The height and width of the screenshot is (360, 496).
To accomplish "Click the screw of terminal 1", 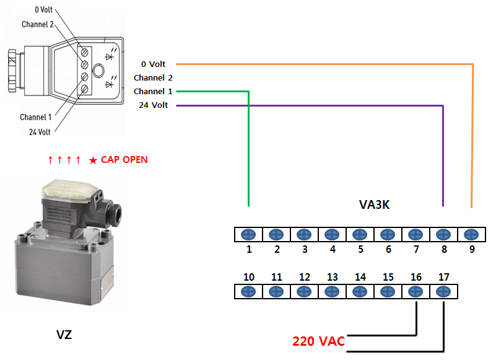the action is pyautogui.click(x=248, y=235).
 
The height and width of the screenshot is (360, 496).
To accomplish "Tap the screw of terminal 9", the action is pyautogui.click(x=471, y=235).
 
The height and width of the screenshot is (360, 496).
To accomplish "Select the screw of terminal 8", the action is pyautogui.click(x=443, y=235).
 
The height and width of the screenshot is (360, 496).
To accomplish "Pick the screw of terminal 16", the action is pyautogui.click(x=416, y=292).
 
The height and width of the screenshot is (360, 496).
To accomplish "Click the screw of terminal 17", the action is pyautogui.click(x=443, y=292).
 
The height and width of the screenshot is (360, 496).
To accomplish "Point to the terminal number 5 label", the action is pyautogui.click(x=360, y=250).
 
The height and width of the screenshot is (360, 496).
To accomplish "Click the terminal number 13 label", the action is pyautogui.click(x=333, y=278).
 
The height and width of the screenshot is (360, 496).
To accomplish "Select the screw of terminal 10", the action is pyautogui.click(x=248, y=292).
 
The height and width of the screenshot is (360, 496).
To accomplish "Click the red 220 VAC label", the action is pyautogui.click(x=318, y=341).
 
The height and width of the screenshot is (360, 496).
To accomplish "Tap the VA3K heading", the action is pyautogui.click(x=374, y=204).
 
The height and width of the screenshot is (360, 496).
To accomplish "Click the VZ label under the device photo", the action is pyautogui.click(x=64, y=335).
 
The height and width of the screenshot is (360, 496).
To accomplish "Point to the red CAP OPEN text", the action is pyautogui.click(x=124, y=160).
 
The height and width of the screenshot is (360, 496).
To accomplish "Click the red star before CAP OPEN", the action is pyautogui.click(x=93, y=160).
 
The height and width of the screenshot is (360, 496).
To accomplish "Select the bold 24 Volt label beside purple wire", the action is pyautogui.click(x=154, y=105).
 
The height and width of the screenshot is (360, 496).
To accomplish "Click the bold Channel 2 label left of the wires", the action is pyautogui.click(x=153, y=77).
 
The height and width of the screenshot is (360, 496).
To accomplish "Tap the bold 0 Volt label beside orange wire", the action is pyautogui.click(x=154, y=64).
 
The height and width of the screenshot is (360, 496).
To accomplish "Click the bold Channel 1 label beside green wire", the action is pyautogui.click(x=153, y=91).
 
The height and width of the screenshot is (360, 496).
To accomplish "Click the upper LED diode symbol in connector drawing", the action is pyautogui.click(x=110, y=55).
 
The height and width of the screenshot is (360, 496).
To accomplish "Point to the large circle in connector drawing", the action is pyautogui.click(x=98, y=70).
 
